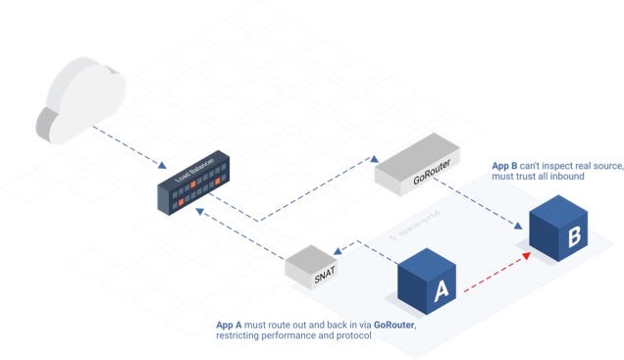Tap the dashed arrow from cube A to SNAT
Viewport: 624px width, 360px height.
[x=368, y=253]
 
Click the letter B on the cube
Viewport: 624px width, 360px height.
[x=574, y=236]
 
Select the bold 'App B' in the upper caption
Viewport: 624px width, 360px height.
[x=503, y=165]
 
